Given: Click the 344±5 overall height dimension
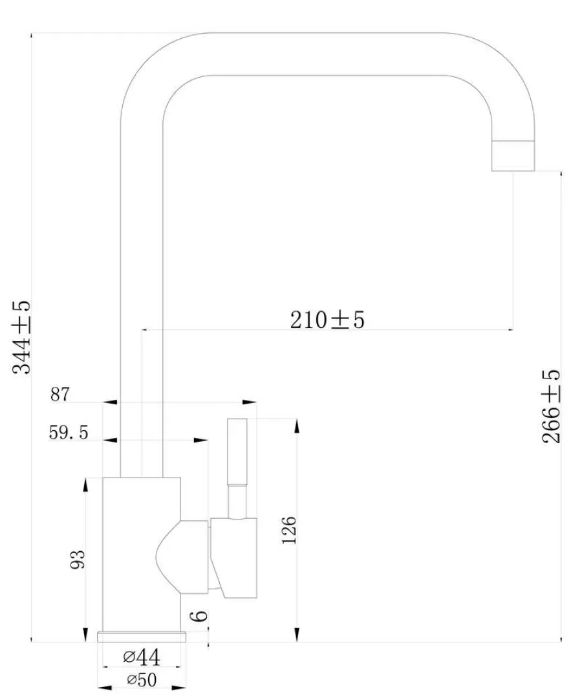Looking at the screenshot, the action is click(x=21, y=337).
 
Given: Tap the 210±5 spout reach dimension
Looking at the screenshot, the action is click(x=327, y=320).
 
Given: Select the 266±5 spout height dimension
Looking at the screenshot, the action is click(x=551, y=406).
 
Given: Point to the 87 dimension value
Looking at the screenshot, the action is click(x=59, y=395).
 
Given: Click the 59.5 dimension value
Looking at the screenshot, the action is click(x=69, y=433).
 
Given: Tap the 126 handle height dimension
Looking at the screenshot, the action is click(x=289, y=530).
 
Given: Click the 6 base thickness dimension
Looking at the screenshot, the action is click(x=199, y=616).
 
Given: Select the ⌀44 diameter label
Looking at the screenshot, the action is click(x=142, y=657).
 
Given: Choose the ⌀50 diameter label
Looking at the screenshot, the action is click(x=142, y=680).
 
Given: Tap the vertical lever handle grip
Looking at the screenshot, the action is click(x=237, y=452).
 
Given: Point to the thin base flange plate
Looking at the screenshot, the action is click(x=142, y=637).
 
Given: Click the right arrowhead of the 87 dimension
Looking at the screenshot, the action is click(x=250, y=402).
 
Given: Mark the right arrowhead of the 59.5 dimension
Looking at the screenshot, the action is click(x=201, y=440).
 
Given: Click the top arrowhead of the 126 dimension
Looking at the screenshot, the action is click(x=297, y=426).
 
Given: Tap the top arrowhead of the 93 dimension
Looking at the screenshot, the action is click(x=85, y=485).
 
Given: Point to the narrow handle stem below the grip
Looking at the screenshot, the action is click(x=237, y=502).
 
